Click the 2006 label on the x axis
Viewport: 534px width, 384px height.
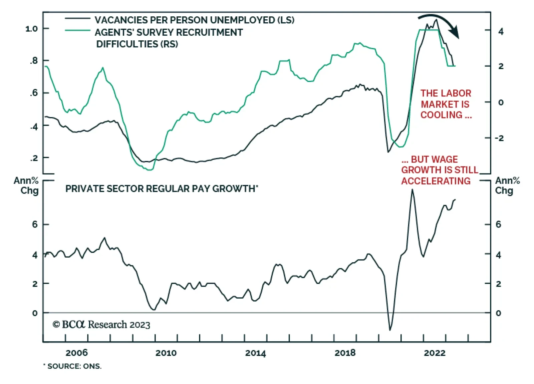tap(76, 353)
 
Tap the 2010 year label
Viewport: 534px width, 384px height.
tap(166, 353)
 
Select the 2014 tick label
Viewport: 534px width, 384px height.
tap(255, 353)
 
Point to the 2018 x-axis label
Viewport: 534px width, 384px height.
tap(345, 353)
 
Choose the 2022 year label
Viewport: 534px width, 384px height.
tap(435, 353)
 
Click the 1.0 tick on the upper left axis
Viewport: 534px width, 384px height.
tap(31, 29)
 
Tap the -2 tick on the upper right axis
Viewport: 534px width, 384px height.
tap(499, 138)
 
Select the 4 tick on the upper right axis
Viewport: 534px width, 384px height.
tap(501, 32)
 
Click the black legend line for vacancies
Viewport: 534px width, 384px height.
tap(77, 18)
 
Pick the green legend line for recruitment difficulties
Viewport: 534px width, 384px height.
tap(77, 30)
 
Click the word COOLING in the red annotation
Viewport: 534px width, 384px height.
tap(441, 115)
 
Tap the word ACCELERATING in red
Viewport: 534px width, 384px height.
tap(436, 181)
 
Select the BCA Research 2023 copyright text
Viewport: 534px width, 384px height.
tap(101, 325)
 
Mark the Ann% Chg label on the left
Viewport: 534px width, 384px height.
tap(26, 185)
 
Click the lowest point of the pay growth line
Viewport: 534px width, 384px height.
tap(390, 330)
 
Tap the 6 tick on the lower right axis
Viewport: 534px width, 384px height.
tap(498, 225)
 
